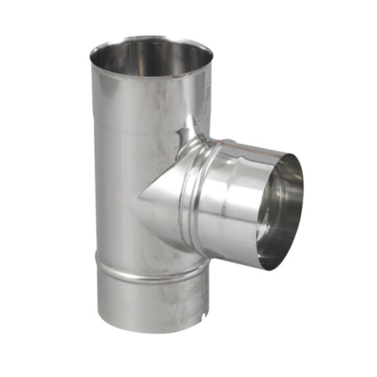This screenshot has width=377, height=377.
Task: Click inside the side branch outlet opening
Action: coord(280,211)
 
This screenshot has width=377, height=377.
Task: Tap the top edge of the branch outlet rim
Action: coord(289,156)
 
